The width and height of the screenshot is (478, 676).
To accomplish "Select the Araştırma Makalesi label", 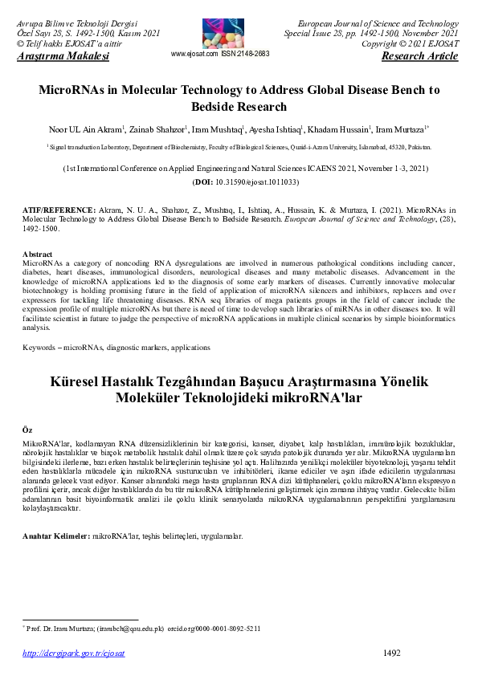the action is click(63, 56).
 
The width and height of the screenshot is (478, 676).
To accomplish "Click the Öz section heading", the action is click(27, 431).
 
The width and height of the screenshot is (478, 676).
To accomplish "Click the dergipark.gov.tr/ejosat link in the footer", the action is click(73, 654).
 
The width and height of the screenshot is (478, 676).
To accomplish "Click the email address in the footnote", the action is click(131, 628).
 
